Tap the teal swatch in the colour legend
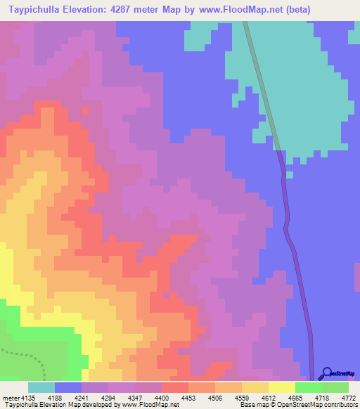[x=41, y=387]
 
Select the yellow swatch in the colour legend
[x=281, y=387]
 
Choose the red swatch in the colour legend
[x=174, y=387]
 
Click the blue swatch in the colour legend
[x=68, y=387]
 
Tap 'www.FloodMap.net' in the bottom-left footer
[x=150, y=405]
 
